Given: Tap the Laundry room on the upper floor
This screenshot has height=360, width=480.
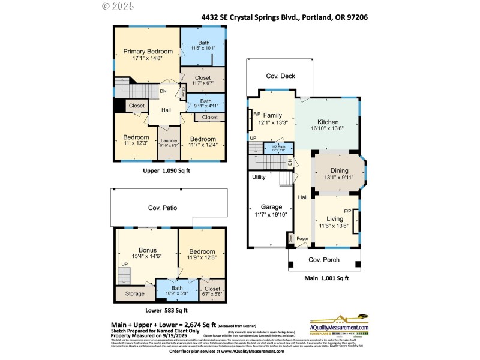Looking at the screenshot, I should click(168, 142).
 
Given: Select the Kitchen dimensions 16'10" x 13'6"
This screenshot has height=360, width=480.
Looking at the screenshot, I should click(328, 128).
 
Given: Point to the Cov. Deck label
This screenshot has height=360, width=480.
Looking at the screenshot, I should click(280, 76).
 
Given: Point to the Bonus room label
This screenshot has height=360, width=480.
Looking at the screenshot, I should click(147, 250).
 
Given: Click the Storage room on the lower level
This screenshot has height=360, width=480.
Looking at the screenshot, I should click(135, 294).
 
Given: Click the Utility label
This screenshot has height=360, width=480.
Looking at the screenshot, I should click(259, 177).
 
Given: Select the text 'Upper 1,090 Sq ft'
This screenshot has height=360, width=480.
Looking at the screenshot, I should click(166, 170).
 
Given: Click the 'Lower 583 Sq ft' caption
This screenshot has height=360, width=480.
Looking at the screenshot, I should click(167, 310).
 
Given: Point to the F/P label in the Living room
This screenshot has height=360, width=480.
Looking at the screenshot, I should click(347, 211).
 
